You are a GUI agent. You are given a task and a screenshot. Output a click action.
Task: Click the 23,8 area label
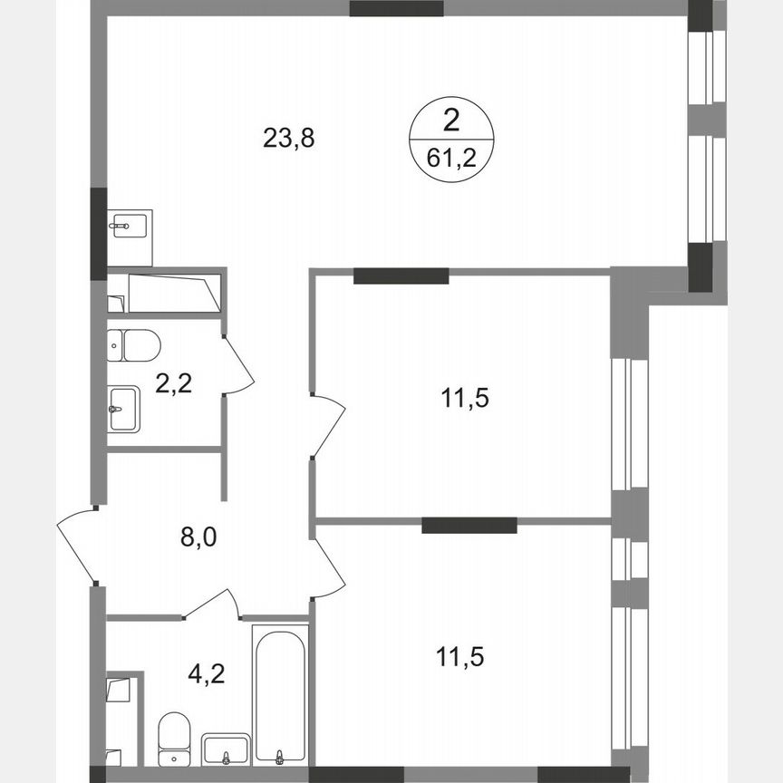(x=288, y=139)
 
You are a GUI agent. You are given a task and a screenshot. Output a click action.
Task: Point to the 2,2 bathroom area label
(x=173, y=385)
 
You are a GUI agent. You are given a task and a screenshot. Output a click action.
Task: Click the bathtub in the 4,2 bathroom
(x=280, y=693)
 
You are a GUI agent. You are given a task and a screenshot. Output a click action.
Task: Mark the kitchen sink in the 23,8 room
(x=130, y=225)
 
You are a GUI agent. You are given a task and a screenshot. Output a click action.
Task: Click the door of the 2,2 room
(x=238, y=367)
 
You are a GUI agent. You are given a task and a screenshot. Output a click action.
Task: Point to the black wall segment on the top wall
(x=397, y=9)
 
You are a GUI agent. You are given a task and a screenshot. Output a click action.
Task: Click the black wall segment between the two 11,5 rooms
(x=469, y=524)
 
